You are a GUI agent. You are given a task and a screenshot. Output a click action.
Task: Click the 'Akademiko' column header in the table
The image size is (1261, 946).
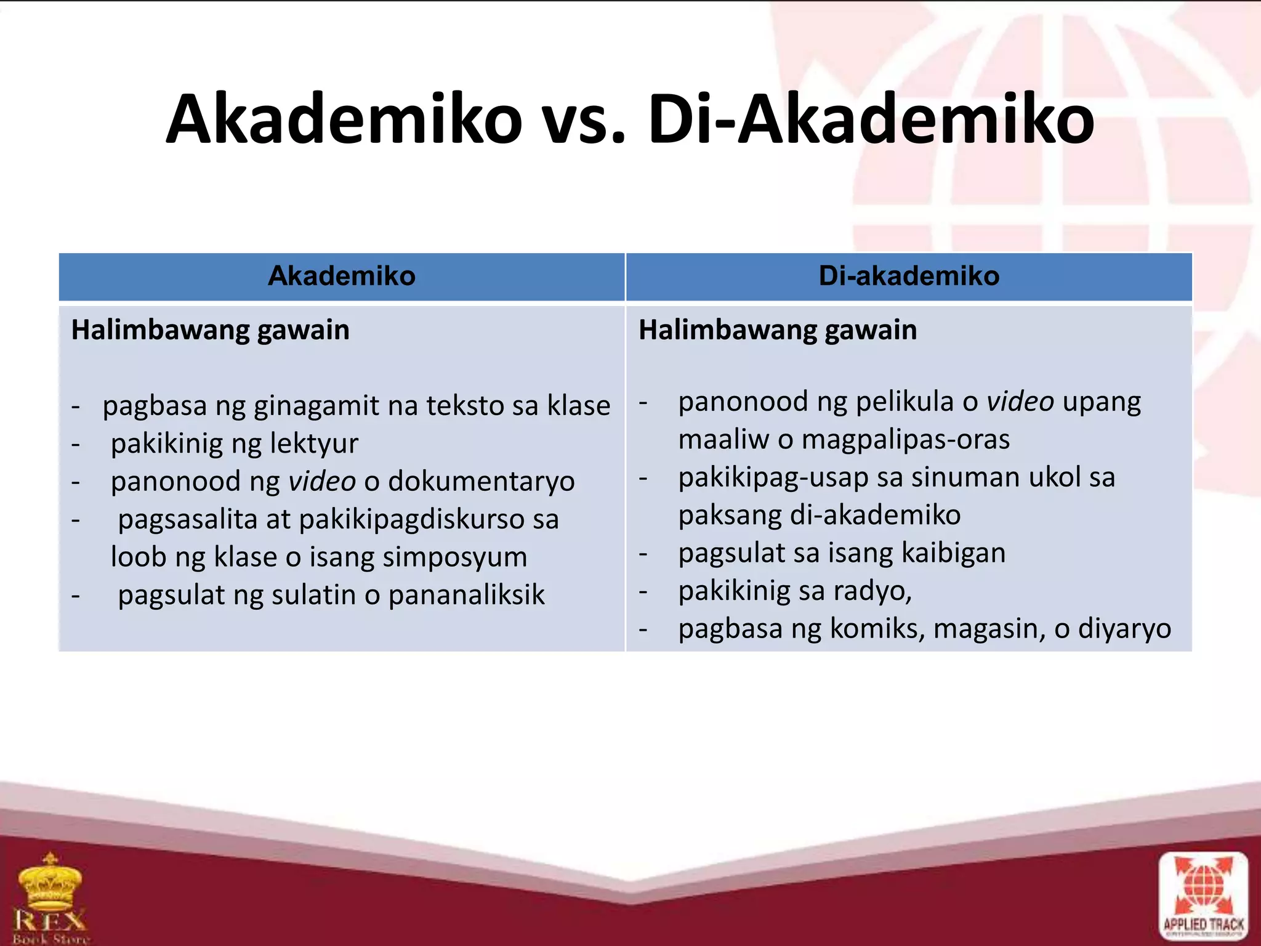coord(342,276)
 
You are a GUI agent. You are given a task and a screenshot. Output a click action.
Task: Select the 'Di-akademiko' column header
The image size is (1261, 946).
coord(909,276)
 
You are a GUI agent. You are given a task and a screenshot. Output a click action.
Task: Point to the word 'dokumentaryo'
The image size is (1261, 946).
coord(481,482)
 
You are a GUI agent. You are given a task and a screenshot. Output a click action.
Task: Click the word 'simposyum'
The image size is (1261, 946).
coord(454,557)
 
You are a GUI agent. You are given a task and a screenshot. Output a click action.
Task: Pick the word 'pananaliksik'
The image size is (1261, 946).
coord(466,595)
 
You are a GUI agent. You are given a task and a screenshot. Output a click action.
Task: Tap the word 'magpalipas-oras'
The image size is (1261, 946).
coord(906,440)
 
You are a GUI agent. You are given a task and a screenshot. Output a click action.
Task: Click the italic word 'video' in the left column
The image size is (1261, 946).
coord(322,482)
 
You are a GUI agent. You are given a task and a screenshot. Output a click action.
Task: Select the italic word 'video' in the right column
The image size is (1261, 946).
coord(1020,402)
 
